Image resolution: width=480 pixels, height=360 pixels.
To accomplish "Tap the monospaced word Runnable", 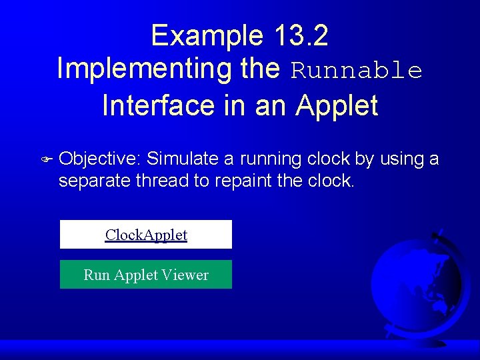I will (x=357, y=71).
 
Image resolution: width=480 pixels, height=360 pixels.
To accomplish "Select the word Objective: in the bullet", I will (x=100, y=159).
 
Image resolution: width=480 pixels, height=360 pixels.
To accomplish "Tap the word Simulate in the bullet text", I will (x=183, y=159).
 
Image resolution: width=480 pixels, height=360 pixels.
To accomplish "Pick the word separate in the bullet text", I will (x=94, y=181).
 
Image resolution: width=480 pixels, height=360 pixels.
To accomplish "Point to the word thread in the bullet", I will (x=163, y=181).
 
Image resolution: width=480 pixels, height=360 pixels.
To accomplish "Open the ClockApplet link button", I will (x=146, y=235).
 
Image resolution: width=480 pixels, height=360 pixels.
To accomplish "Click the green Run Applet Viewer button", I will (x=146, y=275).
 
